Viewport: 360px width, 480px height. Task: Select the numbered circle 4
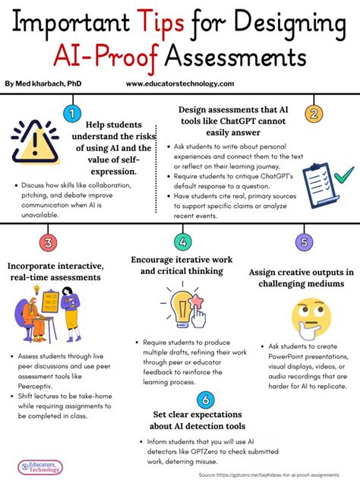(x=182, y=243)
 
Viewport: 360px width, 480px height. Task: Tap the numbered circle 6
(x=203, y=399)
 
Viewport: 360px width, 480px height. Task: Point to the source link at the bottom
(x=276, y=474)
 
